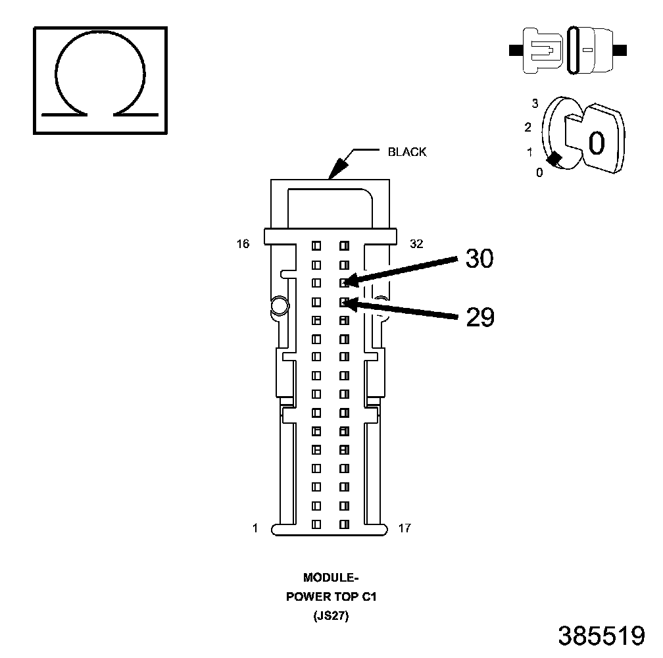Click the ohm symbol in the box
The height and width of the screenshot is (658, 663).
point(100,80)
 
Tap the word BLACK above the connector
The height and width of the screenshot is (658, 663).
point(407,152)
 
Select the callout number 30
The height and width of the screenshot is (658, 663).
point(479,259)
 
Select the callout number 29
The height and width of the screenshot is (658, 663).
point(479,317)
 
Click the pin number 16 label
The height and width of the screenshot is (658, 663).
point(243,244)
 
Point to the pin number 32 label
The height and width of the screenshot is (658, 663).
point(416,244)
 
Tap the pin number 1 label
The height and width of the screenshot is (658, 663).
point(255,528)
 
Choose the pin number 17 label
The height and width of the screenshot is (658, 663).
point(405,528)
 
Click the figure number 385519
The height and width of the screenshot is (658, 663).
point(601,636)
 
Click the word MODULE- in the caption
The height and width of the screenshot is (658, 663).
point(330,578)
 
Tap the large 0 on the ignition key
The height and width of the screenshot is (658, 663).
point(596,143)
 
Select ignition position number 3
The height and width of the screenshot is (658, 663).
point(535,103)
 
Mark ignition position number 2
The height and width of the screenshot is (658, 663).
point(528,127)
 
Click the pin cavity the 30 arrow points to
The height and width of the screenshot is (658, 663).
point(343,283)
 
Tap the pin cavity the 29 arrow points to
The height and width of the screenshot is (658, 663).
point(343,302)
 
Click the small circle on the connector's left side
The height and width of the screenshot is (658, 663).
point(278,305)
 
